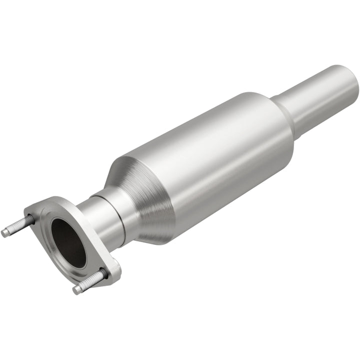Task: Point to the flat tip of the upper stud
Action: click(x=4, y=233)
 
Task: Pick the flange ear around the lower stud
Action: click(x=110, y=270)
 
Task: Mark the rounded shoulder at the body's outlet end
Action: click(x=285, y=125)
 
